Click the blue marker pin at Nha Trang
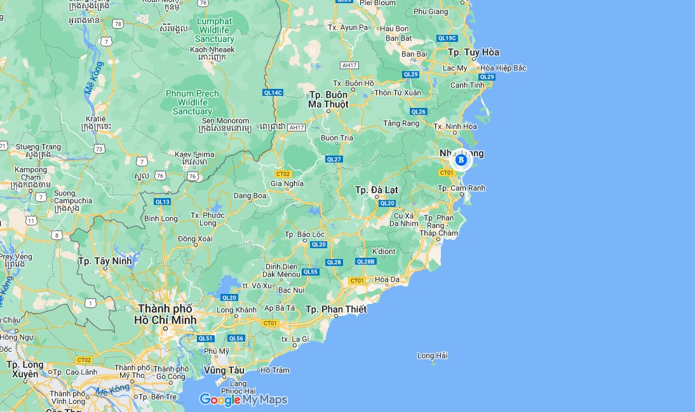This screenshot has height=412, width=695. pos(461,160)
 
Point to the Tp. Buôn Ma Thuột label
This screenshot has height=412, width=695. pos(328,100)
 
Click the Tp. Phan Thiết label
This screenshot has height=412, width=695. pos(336,309)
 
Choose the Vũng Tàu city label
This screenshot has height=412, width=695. pos(224,370)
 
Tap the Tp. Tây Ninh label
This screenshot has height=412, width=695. pos(105,261)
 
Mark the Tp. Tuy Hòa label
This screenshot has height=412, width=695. pos(473,52)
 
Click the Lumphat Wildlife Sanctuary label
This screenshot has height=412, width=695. pos(215,30)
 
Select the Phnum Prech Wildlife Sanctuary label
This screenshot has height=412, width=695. pos(192,102)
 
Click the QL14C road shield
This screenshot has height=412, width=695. pos(273,93)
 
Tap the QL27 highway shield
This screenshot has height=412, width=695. pos(334,159)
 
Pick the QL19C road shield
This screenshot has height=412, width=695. pos(447,38)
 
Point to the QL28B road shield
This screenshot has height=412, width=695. pos(366,262)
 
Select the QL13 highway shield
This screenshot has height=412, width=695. pos(163,202)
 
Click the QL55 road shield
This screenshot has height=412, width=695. pos(310,272)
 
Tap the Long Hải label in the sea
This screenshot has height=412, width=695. pos(433,356)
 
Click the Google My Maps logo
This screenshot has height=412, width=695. pos(243,399)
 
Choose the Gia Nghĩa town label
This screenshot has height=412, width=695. pos(287,183)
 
